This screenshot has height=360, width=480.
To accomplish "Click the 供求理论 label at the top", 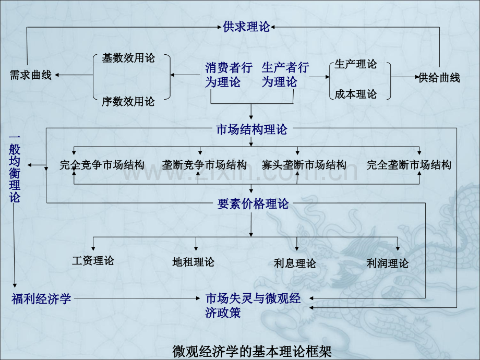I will [246, 27].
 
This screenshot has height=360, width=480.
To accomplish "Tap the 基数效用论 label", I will [128, 58].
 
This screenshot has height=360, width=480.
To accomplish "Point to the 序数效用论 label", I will [128, 102].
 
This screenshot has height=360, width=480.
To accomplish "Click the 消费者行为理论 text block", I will [229, 75].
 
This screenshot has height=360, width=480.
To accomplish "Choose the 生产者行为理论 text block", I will [285, 75].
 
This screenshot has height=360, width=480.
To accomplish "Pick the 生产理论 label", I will [355, 64].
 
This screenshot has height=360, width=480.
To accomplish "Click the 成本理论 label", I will [355, 94].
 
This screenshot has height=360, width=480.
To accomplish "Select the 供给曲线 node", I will [439, 78].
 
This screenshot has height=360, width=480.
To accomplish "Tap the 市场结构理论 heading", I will [251, 130].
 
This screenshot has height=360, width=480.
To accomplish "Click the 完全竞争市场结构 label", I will [102, 165].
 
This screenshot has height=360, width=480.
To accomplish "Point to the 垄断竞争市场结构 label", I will [205, 165].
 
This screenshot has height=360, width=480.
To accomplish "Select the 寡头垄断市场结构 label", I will [304, 165].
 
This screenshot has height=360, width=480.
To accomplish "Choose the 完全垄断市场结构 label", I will [409, 165].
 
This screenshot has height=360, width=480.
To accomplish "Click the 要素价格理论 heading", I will [253, 204].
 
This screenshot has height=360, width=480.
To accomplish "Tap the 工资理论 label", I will [93, 260].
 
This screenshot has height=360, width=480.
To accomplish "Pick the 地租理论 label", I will [193, 262].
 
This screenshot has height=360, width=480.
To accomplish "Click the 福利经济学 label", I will [41, 299].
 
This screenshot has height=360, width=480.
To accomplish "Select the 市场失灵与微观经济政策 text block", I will [253, 306].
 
